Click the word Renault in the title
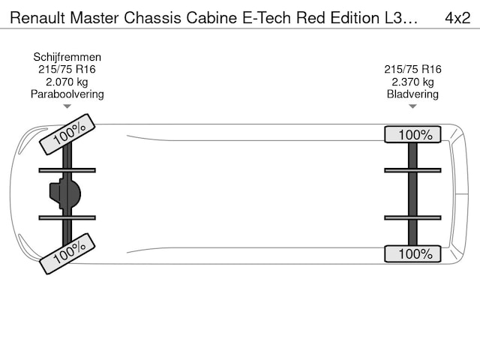[x=37, y=18]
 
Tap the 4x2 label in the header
[x=457, y=18]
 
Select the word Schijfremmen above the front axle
[x=67, y=57]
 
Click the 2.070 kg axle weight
[x=67, y=82]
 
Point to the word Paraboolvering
[x=67, y=94]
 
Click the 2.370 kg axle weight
[x=412, y=82]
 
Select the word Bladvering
[x=412, y=94]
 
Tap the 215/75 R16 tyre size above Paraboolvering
[x=67, y=69]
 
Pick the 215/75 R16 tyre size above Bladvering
[x=412, y=69]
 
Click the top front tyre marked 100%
[x=67, y=134]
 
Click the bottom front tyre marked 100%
[x=67, y=253]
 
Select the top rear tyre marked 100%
[x=412, y=134]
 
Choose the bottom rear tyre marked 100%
[x=412, y=253]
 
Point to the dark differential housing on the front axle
[x=65, y=193]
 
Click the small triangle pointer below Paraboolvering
[x=67, y=106]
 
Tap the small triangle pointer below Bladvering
[x=412, y=106]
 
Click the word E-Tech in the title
[x=266, y=18]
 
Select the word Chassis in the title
[x=152, y=18]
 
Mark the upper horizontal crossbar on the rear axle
[x=412, y=170]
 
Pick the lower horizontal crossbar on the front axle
[x=67, y=217]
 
